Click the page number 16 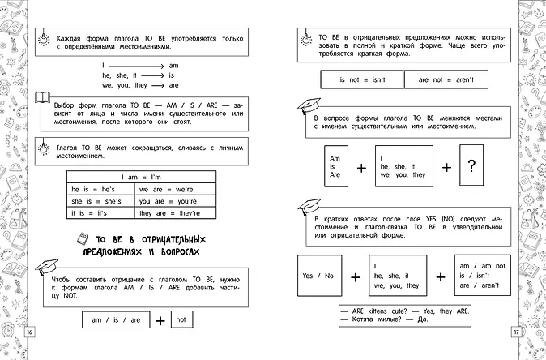30,333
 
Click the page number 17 514,333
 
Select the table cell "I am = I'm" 141,178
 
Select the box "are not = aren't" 452,80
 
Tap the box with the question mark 472,165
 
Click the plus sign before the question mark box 445,167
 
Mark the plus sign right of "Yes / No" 354,276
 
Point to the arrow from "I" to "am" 137,65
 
